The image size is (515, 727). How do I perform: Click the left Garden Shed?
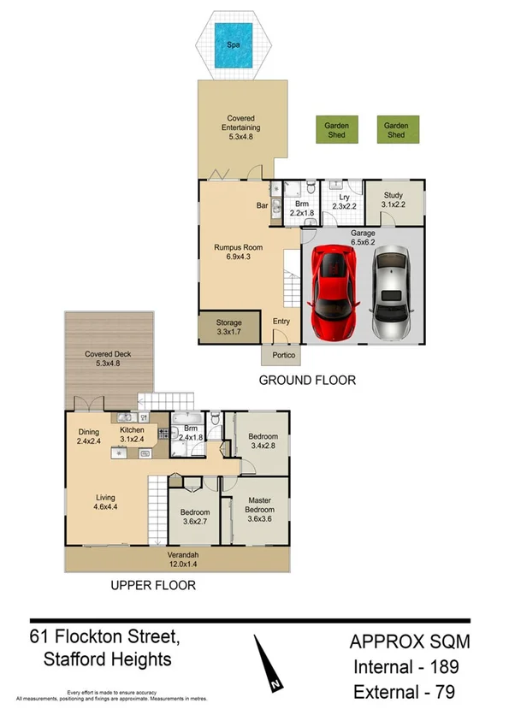click(336, 129)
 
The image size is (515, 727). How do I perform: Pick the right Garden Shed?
click(396, 129)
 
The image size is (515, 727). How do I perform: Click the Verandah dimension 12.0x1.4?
click(181, 564)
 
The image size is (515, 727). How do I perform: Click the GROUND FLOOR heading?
click(307, 381)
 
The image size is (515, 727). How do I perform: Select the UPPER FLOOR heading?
click(152, 586)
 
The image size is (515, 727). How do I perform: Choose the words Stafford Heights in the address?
click(107, 659)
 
